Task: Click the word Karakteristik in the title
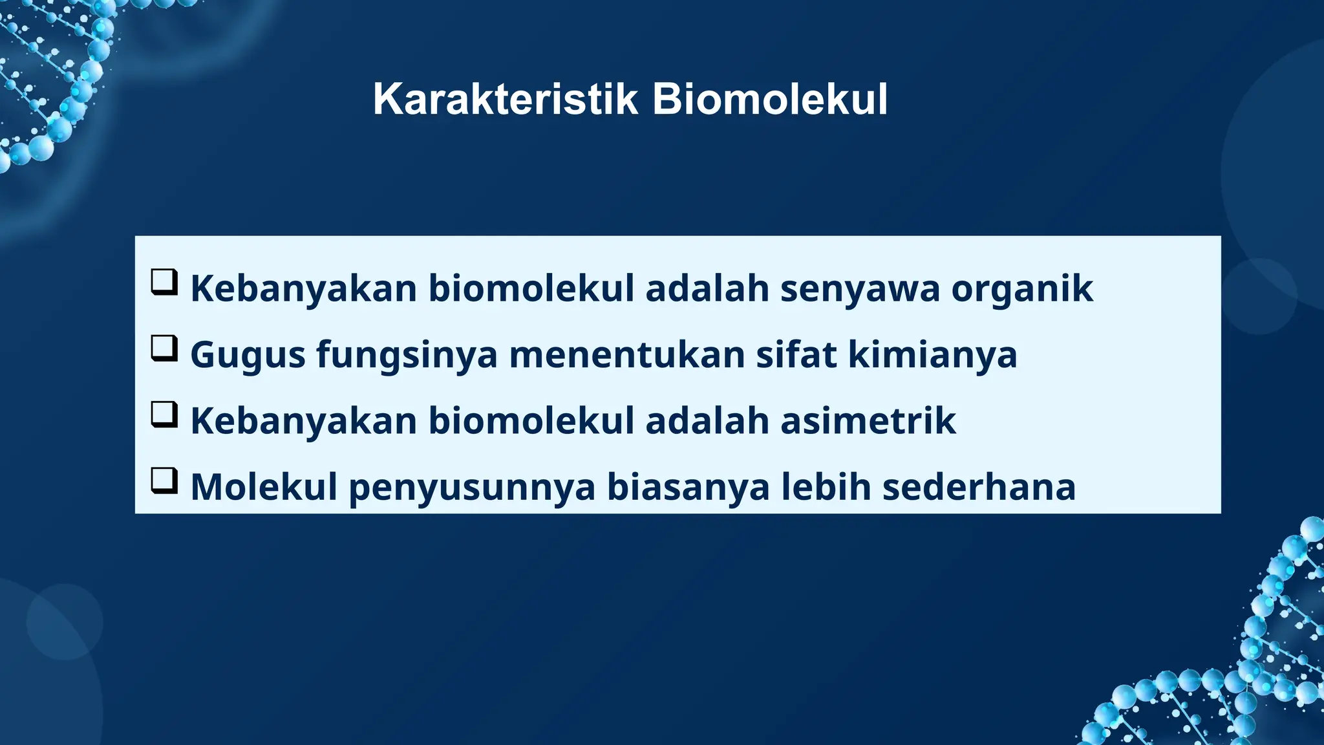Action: click(x=505, y=100)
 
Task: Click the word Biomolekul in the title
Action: click(x=769, y=100)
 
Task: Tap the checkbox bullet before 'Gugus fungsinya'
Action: click(x=164, y=349)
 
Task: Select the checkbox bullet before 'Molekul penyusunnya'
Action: click(x=164, y=481)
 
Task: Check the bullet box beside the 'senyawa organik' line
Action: click(x=164, y=283)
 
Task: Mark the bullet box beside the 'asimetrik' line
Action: click(x=164, y=415)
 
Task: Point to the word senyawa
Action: click(x=860, y=289)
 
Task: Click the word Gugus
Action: click(x=248, y=356)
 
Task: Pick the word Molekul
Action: click(x=264, y=487)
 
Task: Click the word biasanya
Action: click(x=688, y=488)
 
